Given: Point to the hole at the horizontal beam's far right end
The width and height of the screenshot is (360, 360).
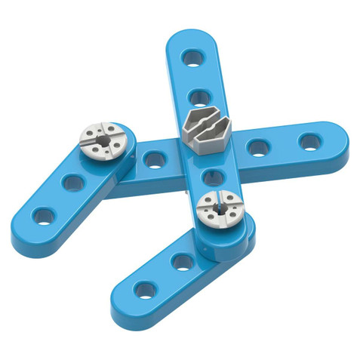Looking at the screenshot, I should click(309, 141).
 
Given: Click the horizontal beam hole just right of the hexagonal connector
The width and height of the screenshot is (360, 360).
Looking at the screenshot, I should click(257, 147).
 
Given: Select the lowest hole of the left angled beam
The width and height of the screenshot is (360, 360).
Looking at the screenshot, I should click(43, 217).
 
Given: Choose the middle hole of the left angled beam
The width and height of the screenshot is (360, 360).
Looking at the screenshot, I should click(73, 182).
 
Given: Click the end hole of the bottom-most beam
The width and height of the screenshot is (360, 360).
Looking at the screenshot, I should click(144, 289).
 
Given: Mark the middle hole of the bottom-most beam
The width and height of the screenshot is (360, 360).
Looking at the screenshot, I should click(182, 262).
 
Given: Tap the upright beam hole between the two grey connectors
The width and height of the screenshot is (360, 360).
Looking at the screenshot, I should click(209, 177).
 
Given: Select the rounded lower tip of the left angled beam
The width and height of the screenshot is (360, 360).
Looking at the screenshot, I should click(23, 230).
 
